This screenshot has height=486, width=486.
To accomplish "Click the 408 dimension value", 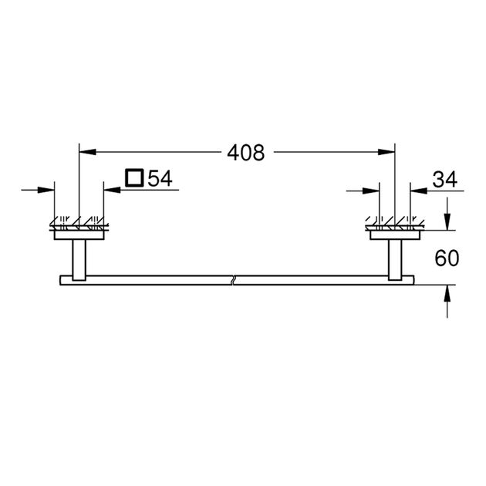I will coord(245,153).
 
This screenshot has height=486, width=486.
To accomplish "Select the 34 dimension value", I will coord(445,179).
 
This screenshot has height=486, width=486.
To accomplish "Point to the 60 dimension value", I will coord(447,258).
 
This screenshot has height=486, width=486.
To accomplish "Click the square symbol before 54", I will coord(134,179).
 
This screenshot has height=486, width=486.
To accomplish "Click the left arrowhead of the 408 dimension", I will coord(86,153).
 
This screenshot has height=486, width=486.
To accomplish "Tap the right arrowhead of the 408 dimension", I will coord(389,153).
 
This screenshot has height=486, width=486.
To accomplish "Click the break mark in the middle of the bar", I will coord(232,278).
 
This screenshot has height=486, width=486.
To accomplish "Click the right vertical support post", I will coord(395,258).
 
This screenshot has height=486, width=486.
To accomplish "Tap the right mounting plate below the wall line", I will coord(395,237).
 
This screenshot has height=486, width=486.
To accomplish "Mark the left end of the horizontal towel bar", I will coord(59,278).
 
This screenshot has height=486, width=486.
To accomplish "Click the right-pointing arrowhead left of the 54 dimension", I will coord(49,189).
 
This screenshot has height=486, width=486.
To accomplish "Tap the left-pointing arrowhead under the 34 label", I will coord(417,189).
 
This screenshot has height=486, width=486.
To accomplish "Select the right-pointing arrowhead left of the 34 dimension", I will coord(373,189).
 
